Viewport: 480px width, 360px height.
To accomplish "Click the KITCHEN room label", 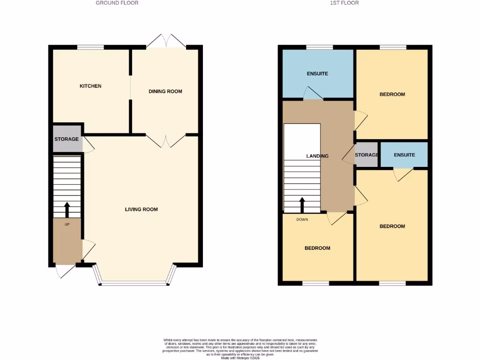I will pyautogui.click(x=90, y=86).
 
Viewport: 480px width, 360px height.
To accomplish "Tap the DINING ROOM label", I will pyautogui.click(x=165, y=91).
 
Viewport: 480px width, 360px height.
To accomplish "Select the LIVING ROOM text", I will pyautogui.click(x=141, y=210).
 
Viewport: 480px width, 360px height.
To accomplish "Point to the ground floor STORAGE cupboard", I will pyautogui.click(x=67, y=139).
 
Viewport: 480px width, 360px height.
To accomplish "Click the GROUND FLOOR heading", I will pyautogui.click(x=117, y=3).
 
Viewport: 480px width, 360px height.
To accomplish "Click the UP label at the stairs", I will pyautogui.click(x=67, y=225).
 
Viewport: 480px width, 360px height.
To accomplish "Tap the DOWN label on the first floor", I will pyautogui.click(x=302, y=219).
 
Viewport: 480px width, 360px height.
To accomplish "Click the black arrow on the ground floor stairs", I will pyautogui.click(x=67, y=210).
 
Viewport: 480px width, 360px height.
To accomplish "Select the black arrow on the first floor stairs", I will pyautogui.click(x=302, y=204).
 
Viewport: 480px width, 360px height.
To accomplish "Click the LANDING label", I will pyautogui.click(x=318, y=156).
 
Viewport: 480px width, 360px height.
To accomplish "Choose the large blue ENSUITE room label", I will pyautogui.click(x=317, y=74).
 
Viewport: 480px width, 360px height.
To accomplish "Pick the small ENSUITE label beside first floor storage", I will pyautogui.click(x=404, y=155).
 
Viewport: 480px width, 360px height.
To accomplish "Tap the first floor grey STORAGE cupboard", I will pyautogui.click(x=367, y=155).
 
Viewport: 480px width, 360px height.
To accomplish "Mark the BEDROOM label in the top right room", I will pyautogui.click(x=392, y=94).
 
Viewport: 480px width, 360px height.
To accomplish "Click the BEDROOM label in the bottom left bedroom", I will pyautogui.click(x=317, y=248).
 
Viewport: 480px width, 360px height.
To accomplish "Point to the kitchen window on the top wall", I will pyautogui.click(x=90, y=47).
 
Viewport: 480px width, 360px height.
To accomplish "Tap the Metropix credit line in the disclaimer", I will pyautogui.click(x=240, y=358).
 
